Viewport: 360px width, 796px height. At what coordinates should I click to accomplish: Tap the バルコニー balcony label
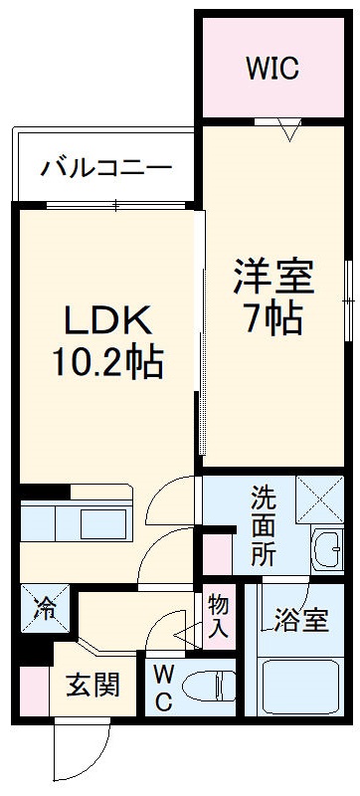(106, 166)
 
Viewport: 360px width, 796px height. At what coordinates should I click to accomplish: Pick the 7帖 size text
(273, 318)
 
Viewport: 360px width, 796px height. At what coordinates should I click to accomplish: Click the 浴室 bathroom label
(300, 621)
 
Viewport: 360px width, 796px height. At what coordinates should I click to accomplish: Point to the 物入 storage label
(218, 616)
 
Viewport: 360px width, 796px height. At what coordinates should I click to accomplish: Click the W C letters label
(163, 688)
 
